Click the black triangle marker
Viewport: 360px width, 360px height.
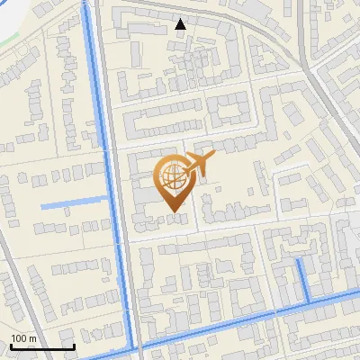[181, 24]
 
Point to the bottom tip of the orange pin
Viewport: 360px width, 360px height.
[173, 212]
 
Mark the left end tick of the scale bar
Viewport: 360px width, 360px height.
[11, 346]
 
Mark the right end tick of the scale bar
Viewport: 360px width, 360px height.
[75, 346]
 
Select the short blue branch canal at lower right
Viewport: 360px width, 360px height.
[303, 279]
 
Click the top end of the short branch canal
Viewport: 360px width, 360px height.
[298, 259]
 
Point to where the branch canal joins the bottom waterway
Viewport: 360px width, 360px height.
[308, 301]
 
